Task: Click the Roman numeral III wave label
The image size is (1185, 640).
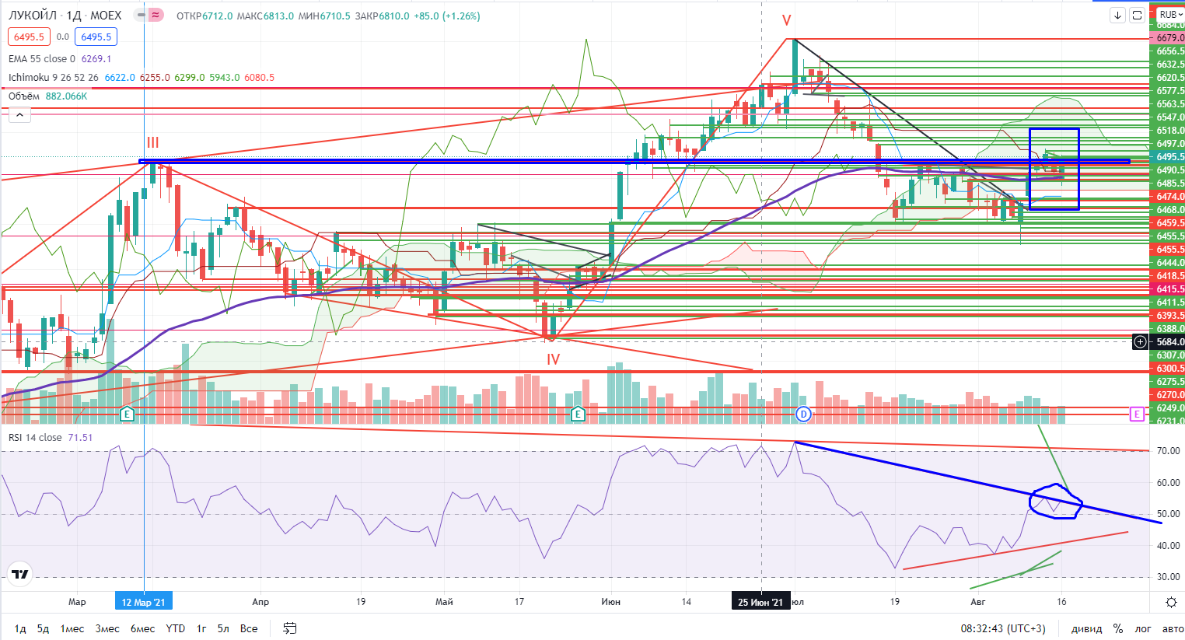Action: [x=153, y=142]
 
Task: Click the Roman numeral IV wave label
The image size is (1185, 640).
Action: [x=553, y=359]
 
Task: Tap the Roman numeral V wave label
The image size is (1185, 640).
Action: [x=786, y=21]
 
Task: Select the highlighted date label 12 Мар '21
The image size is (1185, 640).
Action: [x=144, y=602]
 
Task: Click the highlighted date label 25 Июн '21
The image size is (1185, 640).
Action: [x=760, y=602]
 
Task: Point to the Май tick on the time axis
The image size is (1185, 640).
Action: [x=444, y=602]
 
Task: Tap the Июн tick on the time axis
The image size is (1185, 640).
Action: [x=611, y=602]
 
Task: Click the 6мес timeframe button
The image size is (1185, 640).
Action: [x=142, y=628]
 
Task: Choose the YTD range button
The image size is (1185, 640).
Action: [x=176, y=628]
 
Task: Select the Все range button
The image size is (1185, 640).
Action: [x=249, y=628]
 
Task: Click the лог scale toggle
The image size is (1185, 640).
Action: [x=1143, y=628]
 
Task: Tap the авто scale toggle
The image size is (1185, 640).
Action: [x=1173, y=628]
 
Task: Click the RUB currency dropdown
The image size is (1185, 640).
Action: [x=1169, y=15]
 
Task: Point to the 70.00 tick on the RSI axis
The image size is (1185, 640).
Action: [x=1168, y=451]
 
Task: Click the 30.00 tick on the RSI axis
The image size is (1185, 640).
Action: [x=1168, y=578]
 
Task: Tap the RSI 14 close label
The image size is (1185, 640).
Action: [x=35, y=438]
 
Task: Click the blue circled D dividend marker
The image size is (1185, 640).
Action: [x=804, y=414]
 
